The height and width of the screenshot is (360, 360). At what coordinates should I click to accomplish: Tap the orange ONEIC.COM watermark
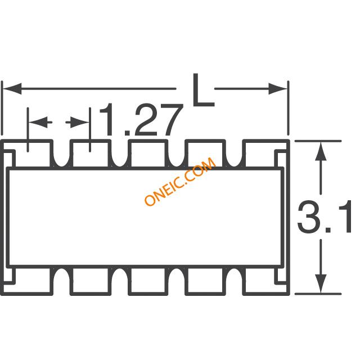179,182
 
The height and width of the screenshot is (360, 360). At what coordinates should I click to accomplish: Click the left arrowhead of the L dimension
11,89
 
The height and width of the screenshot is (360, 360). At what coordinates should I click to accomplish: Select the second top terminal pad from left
91,154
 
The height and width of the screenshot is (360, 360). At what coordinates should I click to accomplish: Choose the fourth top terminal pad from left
206,154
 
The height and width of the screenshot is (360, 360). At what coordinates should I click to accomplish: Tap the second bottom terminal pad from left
91,281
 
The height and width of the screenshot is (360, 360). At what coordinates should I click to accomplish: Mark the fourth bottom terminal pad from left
206,281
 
